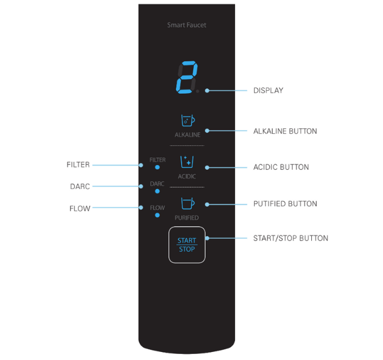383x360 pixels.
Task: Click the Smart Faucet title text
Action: tap(187, 25)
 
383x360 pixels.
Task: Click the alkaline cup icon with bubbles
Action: tap(187, 121)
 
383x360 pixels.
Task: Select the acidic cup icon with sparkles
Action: tap(187, 162)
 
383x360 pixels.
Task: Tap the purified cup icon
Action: tap(187, 203)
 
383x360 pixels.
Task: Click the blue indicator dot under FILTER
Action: tap(157, 167)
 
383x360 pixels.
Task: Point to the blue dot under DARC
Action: tap(157, 191)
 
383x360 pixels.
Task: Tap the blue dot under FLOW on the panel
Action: tap(157, 215)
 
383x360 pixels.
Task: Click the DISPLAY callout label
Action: tap(268, 91)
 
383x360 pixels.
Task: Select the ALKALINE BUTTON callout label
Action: tap(285, 131)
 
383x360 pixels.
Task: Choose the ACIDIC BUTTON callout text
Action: tap(280, 167)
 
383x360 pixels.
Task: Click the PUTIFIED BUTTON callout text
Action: tap(285, 204)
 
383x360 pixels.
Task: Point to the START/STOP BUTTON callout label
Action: tap(290, 238)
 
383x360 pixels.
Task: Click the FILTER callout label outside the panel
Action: tap(78, 165)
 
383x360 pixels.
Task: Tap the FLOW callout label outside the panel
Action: tap(80, 209)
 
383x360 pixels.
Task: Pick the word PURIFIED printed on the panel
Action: tap(187, 218)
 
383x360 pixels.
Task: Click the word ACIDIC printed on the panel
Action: tap(187, 176)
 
